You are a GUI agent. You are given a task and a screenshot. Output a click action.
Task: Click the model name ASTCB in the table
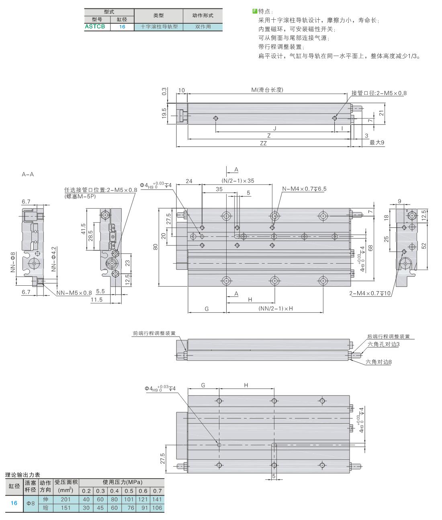(x=95, y=27)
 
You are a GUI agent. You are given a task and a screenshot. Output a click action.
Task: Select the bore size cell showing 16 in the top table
(x=122, y=27)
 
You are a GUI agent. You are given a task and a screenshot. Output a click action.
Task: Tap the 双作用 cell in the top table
(x=203, y=27)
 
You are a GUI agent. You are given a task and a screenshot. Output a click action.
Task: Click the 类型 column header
(x=158, y=15)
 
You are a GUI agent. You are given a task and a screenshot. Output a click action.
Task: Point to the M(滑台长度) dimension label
(x=268, y=90)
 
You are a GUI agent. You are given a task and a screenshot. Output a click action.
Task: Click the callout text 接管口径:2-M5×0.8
(x=379, y=93)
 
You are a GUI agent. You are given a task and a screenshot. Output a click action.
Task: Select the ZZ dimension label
(x=263, y=143)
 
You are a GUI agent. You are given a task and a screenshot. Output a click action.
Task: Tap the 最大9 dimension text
(x=377, y=143)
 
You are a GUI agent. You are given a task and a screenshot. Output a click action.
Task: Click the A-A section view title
(x=28, y=174)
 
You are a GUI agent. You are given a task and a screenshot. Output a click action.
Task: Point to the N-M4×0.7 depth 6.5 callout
(x=304, y=189)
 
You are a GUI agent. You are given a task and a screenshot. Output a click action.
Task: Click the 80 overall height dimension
(x=156, y=247)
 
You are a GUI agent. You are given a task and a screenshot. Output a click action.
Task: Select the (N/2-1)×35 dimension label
(x=238, y=180)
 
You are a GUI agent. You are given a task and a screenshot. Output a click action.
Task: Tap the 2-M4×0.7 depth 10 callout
(x=370, y=293)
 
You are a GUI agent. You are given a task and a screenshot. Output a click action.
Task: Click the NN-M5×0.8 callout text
(x=74, y=293)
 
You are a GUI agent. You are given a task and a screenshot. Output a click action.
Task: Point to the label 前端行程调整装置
(x=154, y=333)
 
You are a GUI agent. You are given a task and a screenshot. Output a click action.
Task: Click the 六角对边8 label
(x=379, y=362)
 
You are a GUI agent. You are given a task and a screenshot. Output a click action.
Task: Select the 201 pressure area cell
(x=65, y=500)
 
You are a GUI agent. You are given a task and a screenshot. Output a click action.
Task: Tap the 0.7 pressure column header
(x=158, y=491)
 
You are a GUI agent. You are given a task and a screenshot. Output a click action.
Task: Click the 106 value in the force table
(x=157, y=508)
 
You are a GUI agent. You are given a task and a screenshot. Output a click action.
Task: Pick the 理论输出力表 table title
(x=23, y=475)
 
